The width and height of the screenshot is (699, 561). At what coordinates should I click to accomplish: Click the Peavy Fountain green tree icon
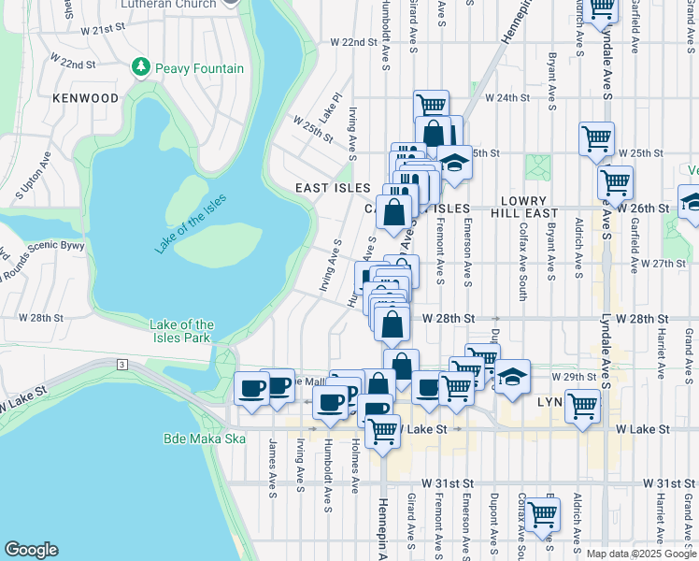pos(141,67)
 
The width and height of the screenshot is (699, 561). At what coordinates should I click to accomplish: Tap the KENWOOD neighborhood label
pos(86,98)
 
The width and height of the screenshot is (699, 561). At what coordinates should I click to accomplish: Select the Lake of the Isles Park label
pos(181,331)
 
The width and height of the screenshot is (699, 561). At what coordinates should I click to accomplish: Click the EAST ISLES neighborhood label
pos(332,188)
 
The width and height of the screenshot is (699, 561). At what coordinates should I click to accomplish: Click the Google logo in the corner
pos(31,550)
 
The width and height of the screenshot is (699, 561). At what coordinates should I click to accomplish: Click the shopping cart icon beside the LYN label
pos(582,407)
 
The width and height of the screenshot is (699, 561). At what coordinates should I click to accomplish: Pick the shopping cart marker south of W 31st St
pos(542,513)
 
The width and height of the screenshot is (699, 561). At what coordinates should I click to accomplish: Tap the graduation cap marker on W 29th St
pos(512,377)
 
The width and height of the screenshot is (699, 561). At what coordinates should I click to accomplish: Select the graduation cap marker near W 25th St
pos(454,162)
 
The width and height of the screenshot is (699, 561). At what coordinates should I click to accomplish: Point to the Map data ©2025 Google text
pos(641,554)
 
